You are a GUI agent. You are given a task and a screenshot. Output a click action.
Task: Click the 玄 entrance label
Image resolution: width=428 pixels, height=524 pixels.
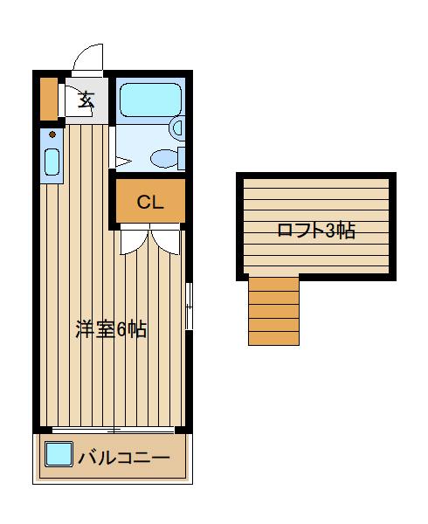[86, 99]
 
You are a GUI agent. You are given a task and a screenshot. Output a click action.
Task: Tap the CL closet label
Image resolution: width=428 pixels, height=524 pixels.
[150, 203]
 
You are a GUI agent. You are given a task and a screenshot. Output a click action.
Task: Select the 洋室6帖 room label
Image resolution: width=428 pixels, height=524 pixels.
[110, 329]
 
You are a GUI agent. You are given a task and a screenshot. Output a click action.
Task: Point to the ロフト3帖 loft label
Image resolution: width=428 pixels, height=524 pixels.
[315, 231]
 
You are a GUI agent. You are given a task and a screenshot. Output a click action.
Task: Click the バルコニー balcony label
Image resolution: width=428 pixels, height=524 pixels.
[123, 457]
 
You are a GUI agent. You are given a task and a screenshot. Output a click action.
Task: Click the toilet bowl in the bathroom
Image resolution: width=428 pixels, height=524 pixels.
[162, 158]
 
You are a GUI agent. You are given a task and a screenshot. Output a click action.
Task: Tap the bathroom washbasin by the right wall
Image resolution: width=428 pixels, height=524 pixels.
[179, 128]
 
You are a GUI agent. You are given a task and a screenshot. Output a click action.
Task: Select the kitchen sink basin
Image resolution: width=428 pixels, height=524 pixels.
[52, 162]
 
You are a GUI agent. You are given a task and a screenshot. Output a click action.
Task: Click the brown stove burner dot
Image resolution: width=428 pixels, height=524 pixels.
[52, 135]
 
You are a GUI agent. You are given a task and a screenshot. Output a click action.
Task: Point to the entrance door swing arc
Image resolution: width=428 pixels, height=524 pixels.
[87, 58]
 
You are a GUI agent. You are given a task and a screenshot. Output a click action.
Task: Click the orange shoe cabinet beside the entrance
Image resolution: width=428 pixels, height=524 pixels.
[48, 99]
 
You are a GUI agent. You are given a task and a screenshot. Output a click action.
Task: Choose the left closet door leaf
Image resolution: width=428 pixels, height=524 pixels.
[134, 241]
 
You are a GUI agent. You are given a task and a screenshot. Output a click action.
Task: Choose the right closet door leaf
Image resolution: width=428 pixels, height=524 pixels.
[167, 241]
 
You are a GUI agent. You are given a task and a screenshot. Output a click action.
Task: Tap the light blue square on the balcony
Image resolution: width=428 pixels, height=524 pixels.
[58, 454]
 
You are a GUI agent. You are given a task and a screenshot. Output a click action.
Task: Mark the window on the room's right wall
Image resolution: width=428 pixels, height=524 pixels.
[189, 306]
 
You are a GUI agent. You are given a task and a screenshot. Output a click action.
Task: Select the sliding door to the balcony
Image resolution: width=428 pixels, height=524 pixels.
[114, 430]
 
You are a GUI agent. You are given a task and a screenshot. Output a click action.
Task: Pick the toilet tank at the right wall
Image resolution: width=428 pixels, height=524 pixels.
[182, 158]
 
